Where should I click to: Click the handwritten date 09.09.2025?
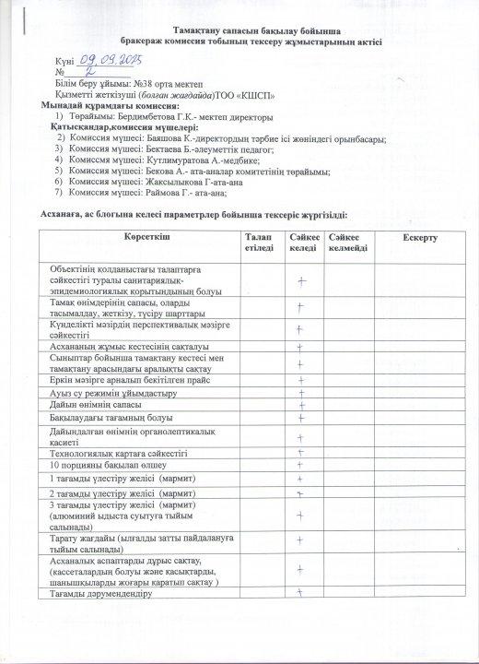[113, 59]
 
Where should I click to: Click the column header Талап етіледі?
[259, 244]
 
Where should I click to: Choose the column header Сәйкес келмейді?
[347, 244]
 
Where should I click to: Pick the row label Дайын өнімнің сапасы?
[95, 406]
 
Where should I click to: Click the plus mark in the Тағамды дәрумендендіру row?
[300, 594]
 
